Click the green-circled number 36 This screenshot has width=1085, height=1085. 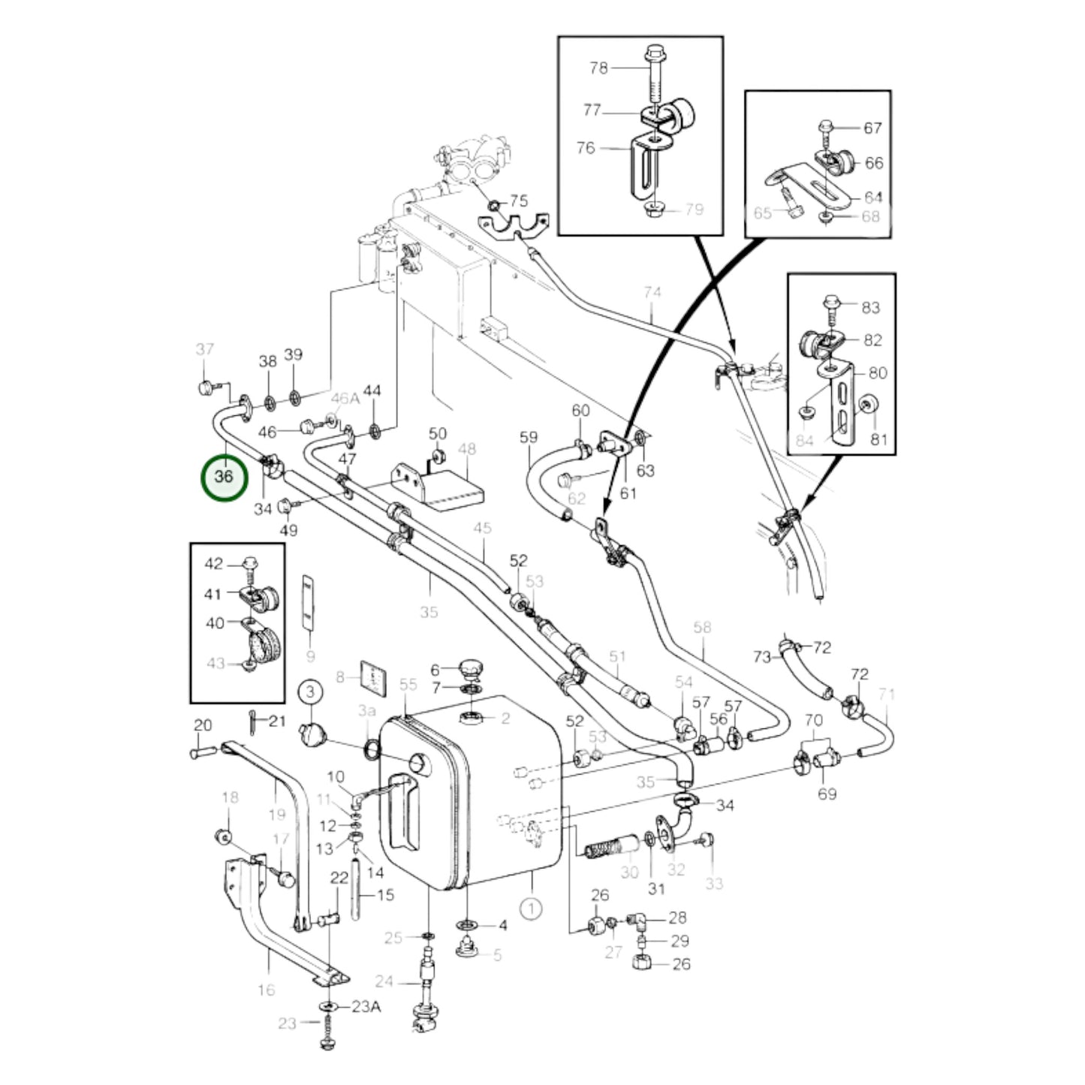tap(224, 477)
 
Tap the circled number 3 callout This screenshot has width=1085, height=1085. tap(312, 691)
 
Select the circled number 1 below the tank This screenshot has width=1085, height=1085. tap(531, 908)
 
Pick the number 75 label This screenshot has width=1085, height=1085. tap(519, 201)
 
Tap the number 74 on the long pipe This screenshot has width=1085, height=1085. tap(652, 292)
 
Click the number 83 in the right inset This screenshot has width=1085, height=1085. tap(870, 307)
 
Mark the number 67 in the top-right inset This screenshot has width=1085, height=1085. tap(872, 128)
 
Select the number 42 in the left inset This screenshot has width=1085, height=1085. tap(214, 563)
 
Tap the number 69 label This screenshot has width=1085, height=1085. tap(827, 794)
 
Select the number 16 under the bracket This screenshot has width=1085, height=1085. tap(266, 990)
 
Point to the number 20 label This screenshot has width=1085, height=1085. tap(203, 725)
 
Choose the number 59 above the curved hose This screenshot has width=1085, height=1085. tap(529, 437)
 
